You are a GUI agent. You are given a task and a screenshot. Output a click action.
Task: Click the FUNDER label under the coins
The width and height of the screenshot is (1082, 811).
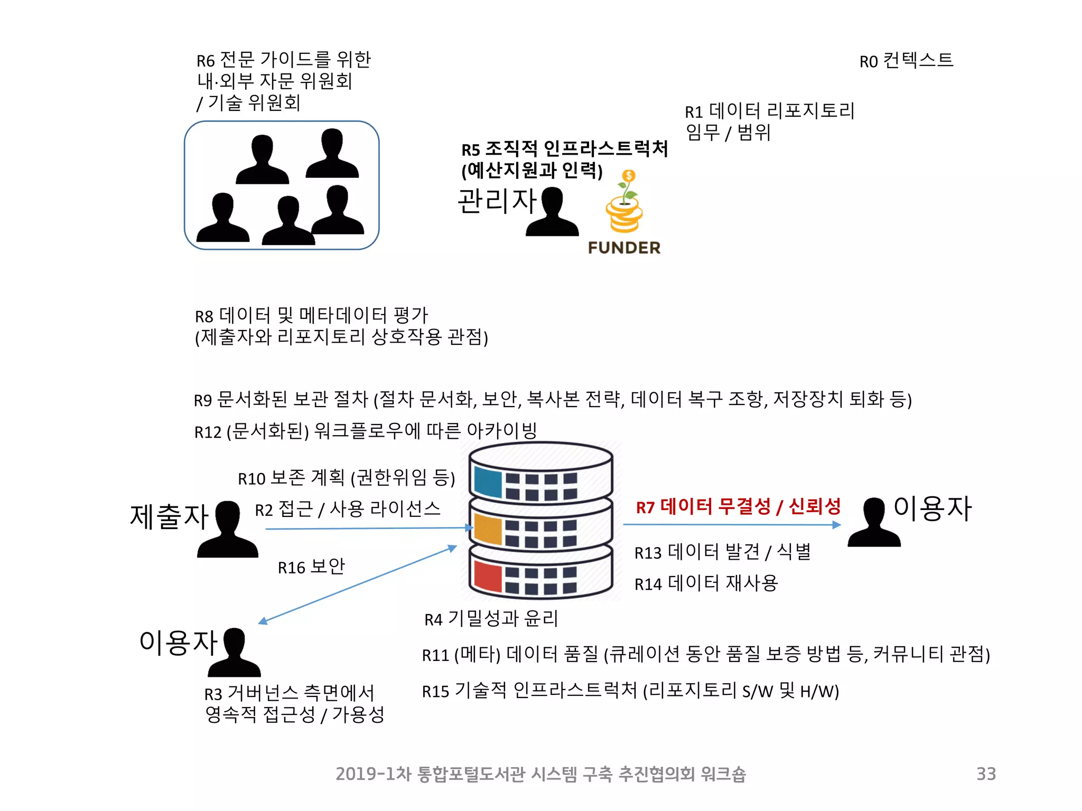tap(624, 248)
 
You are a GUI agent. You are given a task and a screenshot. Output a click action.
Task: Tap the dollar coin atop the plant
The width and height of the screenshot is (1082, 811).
tap(629, 176)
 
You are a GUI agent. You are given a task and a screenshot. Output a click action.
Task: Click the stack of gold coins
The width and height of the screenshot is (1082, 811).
tap(624, 215)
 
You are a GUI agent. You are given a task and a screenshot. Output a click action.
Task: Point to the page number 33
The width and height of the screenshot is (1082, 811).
tap(986, 774)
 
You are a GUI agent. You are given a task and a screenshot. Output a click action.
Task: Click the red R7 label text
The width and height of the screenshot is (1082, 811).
tap(738, 507)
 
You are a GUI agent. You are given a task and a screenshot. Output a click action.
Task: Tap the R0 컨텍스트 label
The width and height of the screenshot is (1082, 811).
tap(906, 61)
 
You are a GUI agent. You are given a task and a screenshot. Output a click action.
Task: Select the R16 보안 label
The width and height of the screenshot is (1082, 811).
tap(311, 567)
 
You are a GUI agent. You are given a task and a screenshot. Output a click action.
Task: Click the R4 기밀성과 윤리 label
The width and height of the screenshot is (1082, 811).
tap(491, 619)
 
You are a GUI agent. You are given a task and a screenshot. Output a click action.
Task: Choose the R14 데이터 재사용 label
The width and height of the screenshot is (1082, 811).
tap(706, 583)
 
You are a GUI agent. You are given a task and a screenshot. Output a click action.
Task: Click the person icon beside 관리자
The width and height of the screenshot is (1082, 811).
tap(553, 212)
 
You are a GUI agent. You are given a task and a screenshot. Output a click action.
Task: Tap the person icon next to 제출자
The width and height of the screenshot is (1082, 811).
tap(228, 530)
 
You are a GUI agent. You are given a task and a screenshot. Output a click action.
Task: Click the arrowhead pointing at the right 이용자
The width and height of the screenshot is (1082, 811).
tap(836, 525)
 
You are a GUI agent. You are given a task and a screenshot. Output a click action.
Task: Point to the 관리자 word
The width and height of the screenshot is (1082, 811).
tap(497, 201)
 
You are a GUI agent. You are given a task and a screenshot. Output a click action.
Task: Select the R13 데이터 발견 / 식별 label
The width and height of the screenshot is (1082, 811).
tap(722, 552)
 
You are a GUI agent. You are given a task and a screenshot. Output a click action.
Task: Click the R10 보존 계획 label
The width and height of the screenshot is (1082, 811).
tap(346, 478)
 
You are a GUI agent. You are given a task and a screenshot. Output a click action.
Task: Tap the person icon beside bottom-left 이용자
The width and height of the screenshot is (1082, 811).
tap(234, 653)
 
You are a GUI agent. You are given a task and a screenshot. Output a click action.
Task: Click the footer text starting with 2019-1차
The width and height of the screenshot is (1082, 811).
tap(540, 774)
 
